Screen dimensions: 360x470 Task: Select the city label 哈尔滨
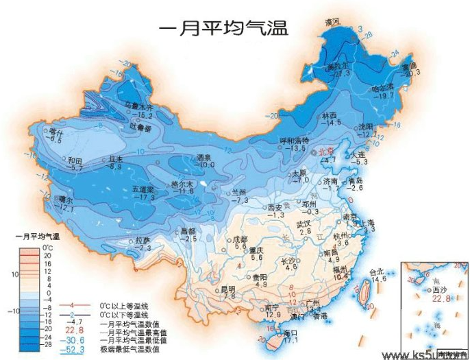coord(382,88)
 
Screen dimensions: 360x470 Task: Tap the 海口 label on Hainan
coord(290,333)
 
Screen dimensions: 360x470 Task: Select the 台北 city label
coord(378,272)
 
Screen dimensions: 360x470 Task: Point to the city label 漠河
coord(332,23)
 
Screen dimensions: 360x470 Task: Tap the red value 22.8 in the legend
coord(75,328)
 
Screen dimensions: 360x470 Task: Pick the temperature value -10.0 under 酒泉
coord(207,165)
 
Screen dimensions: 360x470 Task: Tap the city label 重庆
coord(257,250)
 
